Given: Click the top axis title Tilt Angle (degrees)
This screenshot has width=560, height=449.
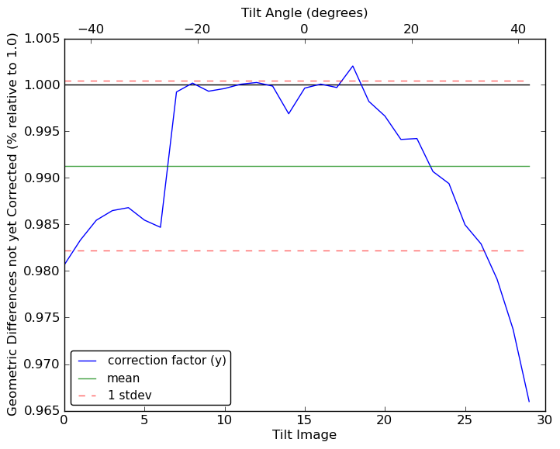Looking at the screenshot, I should [x=304, y=12].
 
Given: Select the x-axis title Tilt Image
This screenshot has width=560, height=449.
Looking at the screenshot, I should [x=304, y=435].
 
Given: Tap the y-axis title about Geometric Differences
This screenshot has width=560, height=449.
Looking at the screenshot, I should [x=12, y=225].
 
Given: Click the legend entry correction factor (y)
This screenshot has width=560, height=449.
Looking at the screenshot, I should [x=167, y=361].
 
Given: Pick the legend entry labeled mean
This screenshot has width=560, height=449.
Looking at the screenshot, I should [x=123, y=378].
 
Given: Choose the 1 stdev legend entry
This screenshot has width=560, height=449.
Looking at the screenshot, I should [x=129, y=395].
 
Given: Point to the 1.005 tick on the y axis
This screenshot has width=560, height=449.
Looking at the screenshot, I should [x=40, y=39].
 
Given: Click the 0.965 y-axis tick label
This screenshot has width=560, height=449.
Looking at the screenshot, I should [x=40, y=411].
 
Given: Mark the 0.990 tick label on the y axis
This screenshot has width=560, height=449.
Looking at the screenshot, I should [x=40, y=178].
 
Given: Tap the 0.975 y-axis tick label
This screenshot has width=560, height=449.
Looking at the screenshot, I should [x=40, y=318].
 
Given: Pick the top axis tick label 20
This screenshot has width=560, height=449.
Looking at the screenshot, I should [x=411, y=29].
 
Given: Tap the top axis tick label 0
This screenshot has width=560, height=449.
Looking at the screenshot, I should [x=304, y=29].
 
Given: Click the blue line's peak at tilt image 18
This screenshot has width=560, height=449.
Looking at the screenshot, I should [x=353, y=66].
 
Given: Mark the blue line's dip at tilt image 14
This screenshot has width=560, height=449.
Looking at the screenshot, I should [x=289, y=114].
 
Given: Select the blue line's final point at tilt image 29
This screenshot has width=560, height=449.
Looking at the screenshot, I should [x=529, y=402].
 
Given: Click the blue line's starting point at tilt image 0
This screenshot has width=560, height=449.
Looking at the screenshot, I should [x=64, y=264].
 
